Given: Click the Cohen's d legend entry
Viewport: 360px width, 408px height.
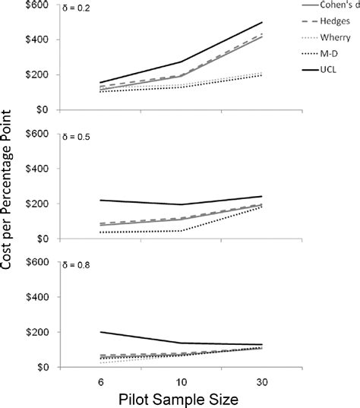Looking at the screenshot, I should (340, 6).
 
